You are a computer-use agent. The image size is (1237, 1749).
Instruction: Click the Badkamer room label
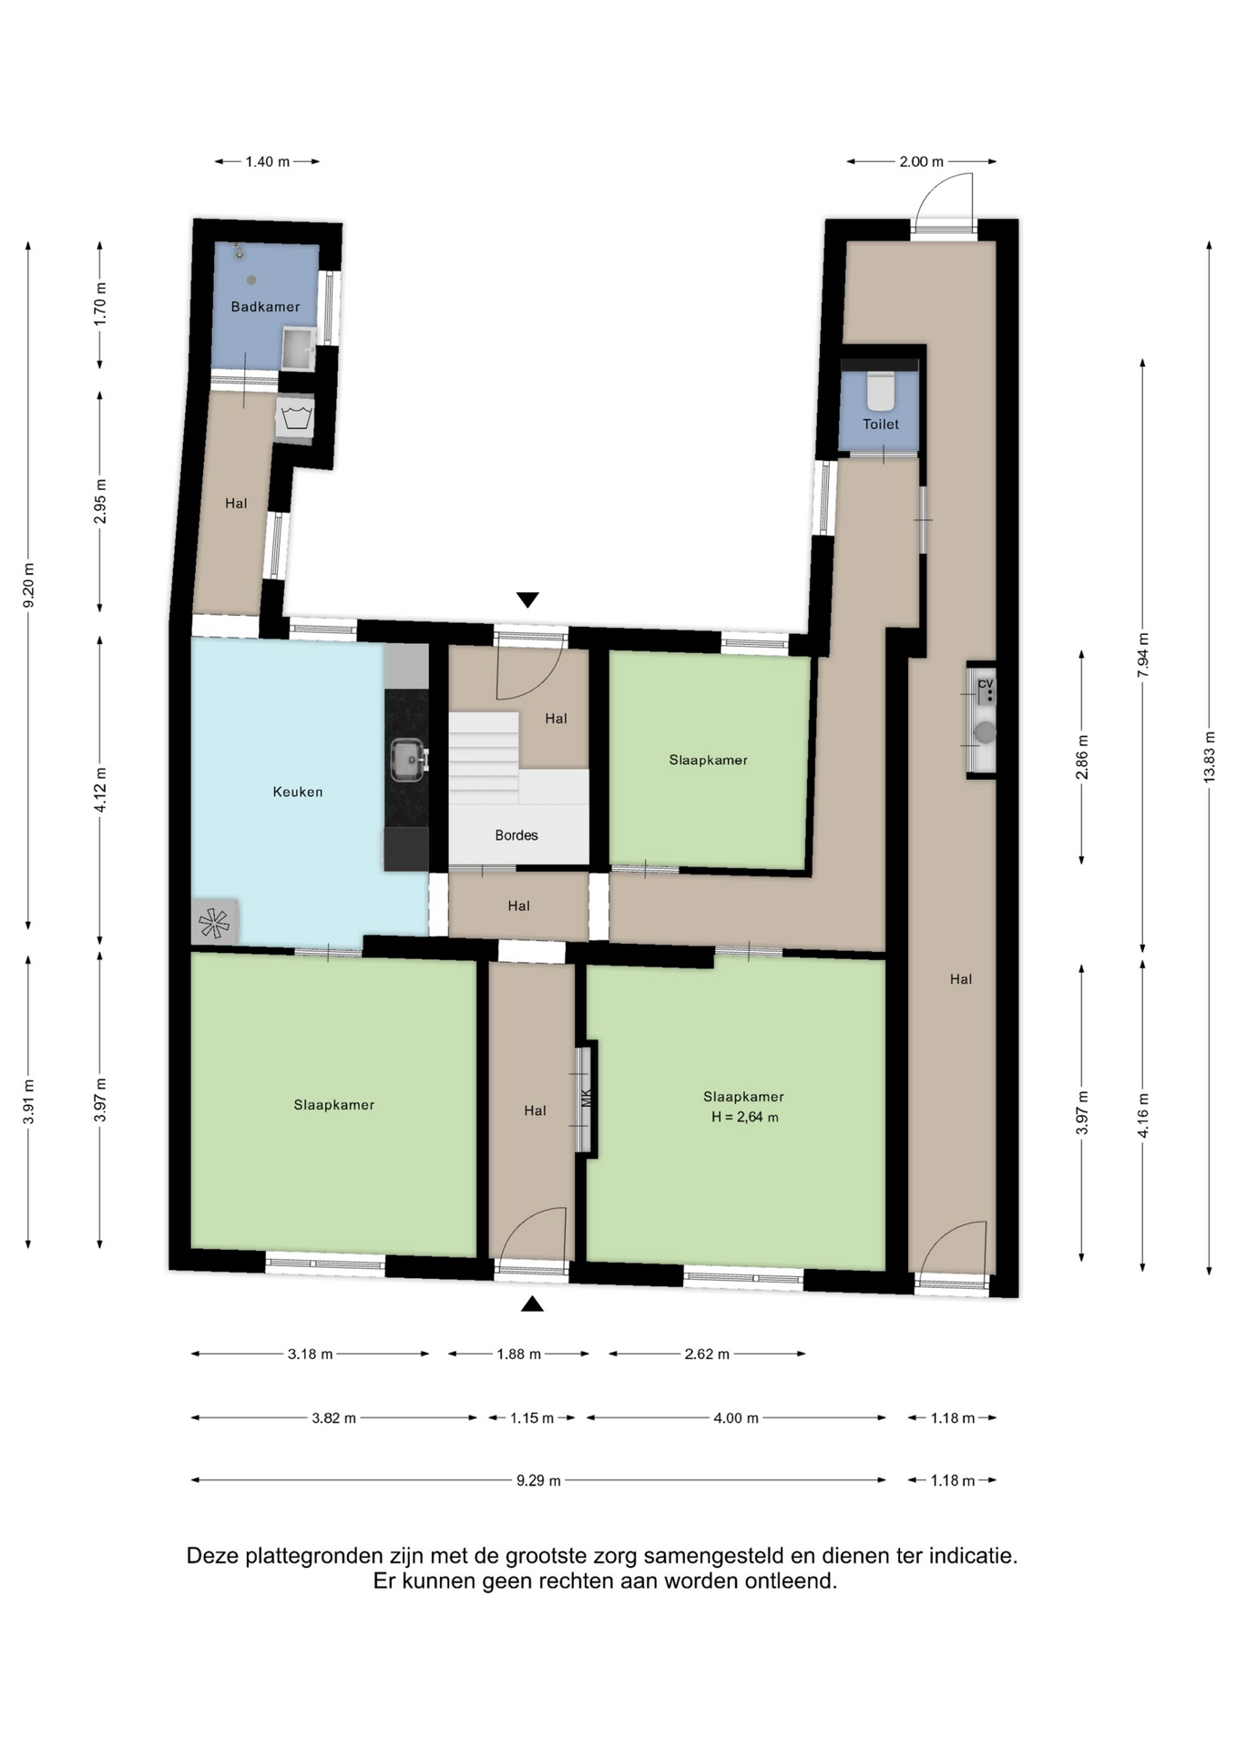coord(265,307)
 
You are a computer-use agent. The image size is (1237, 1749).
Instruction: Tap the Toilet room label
coord(881,424)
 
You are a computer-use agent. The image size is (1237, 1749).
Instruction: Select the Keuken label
coord(298,793)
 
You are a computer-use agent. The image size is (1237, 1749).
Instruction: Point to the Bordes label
coord(516,835)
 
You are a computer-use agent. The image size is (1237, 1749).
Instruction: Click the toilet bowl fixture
coord(881,391)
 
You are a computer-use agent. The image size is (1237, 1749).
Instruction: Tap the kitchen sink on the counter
coord(408,760)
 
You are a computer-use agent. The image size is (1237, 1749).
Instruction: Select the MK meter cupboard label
coord(587,1098)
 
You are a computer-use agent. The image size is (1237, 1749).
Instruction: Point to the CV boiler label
coord(985,684)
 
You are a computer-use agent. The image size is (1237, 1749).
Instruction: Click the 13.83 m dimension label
coord(1210,756)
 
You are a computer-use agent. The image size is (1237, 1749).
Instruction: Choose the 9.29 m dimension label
coord(538,1480)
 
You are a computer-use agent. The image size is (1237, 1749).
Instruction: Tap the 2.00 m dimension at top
coord(922,161)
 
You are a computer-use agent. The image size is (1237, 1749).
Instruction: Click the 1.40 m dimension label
coord(268,161)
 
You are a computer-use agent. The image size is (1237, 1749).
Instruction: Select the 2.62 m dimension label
coord(707,1354)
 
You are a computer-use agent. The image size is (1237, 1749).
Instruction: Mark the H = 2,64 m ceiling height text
coord(745,1118)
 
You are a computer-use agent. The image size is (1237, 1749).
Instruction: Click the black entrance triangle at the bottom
coord(533,1304)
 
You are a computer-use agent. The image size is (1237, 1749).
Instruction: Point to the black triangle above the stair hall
coord(527,599)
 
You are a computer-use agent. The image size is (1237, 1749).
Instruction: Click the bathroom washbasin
coord(298,348)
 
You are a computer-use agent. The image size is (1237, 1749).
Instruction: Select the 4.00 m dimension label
coord(736,1417)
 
